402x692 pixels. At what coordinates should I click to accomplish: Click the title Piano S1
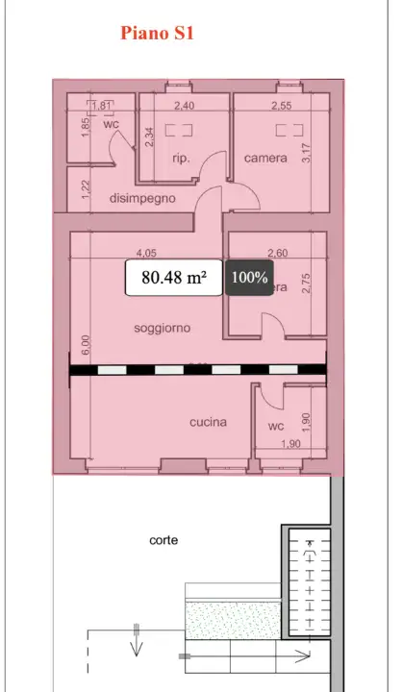[x=159, y=34]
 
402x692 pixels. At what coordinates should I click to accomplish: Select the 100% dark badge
[x=250, y=278]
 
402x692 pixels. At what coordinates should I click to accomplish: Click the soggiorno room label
[x=162, y=328]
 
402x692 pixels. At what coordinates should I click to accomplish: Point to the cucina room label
[x=208, y=422]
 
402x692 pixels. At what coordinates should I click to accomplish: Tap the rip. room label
[x=180, y=159]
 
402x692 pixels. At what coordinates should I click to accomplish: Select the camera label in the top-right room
[x=265, y=158]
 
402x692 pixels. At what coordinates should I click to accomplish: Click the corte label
[x=163, y=540]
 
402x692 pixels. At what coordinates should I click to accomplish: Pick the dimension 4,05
[x=146, y=254]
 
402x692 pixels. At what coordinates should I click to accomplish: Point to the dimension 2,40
[x=184, y=106]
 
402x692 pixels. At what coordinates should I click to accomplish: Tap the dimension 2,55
[x=282, y=106]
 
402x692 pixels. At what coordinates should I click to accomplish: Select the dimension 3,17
[x=306, y=152]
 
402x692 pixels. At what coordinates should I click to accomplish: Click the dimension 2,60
[x=276, y=254]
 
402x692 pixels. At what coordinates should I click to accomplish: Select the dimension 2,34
[x=148, y=137]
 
